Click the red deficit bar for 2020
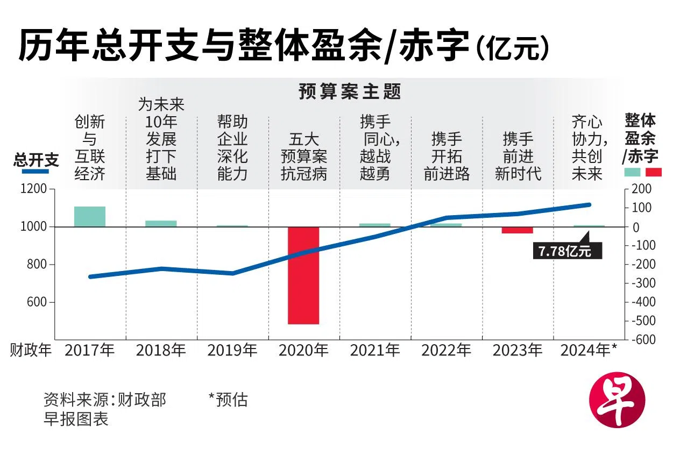click(303, 275)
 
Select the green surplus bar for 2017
click(89, 216)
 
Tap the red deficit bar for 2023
click(517, 230)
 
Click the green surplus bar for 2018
click(161, 223)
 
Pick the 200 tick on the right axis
click(641, 189)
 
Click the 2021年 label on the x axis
click(375, 351)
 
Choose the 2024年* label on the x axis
click(589, 351)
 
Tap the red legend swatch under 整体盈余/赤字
click(654, 172)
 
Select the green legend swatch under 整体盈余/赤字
click(632, 172)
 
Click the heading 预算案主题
click(350, 92)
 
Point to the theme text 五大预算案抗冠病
click(304, 157)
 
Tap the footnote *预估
click(228, 400)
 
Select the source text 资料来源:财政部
click(105, 400)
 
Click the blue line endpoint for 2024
click(589, 204)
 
